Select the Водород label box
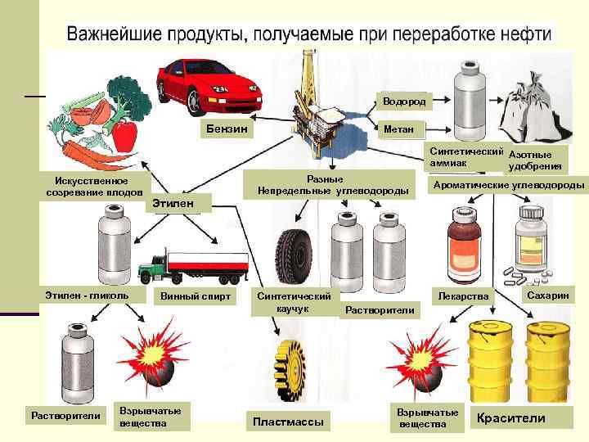point(398,101)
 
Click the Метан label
point(398,129)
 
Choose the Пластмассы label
point(287,422)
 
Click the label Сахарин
point(547,293)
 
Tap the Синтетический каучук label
point(293,301)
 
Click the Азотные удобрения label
point(534,160)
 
